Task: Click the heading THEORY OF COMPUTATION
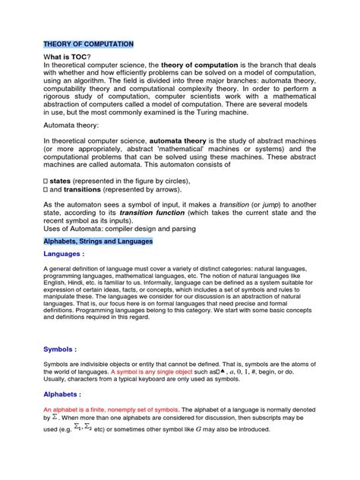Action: point(88,45)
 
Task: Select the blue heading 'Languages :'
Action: point(64,255)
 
